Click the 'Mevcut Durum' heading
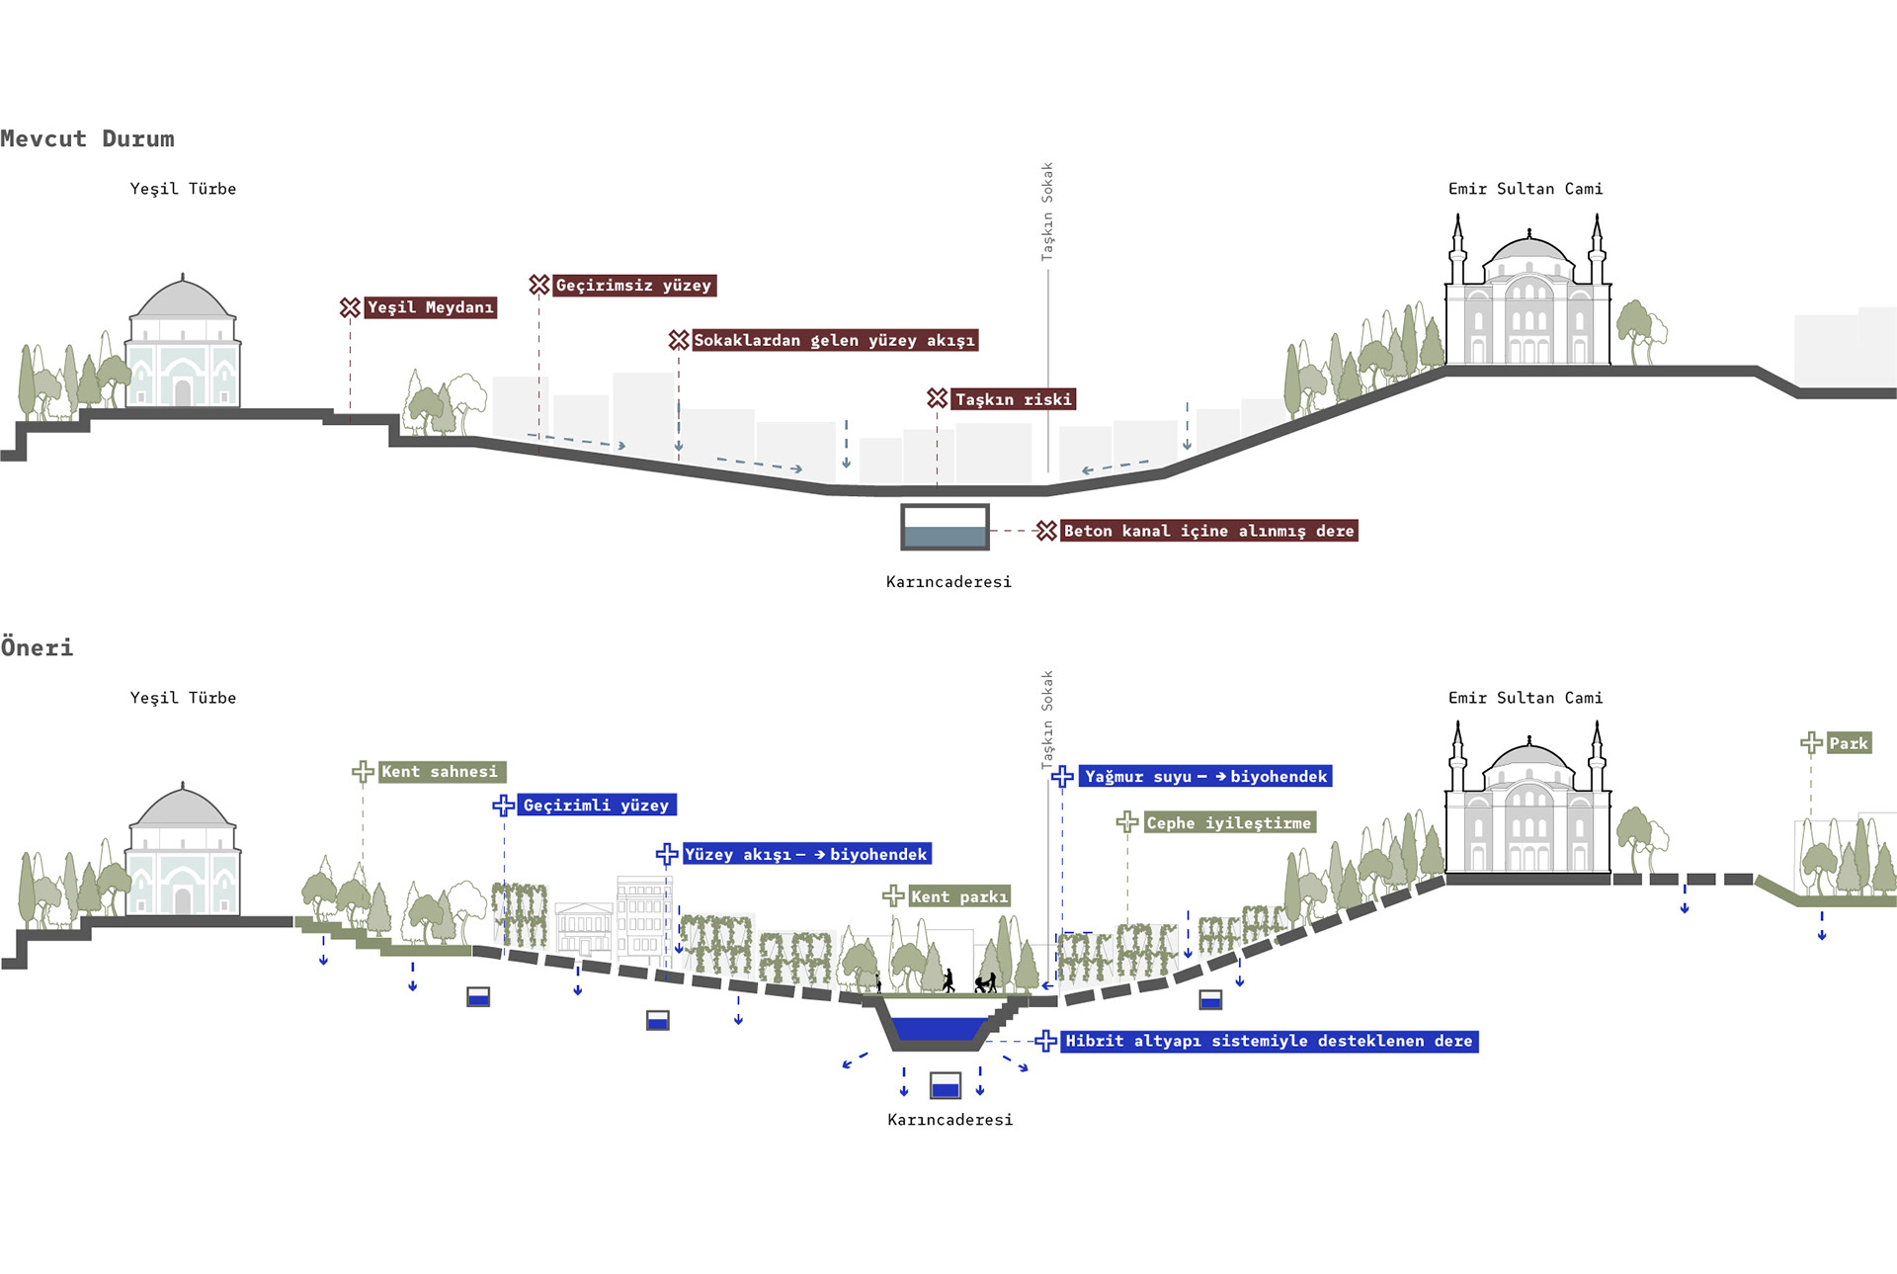[x=87, y=138]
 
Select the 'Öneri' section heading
[x=37, y=647]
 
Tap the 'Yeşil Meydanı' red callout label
[x=430, y=307]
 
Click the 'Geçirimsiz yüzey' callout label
[x=633, y=286]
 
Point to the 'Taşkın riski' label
[x=1013, y=399]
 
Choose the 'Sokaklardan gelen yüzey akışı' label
[x=834, y=340]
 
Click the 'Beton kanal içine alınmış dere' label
[x=1208, y=531]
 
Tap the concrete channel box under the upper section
[x=945, y=527]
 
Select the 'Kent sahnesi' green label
[x=441, y=772]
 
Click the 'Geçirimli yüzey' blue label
[x=596, y=806]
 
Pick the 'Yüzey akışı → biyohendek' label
[x=806, y=854]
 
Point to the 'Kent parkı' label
[x=959, y=896]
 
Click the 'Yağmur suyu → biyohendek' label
[x=1205, y=776]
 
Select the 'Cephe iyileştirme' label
[x=1229, y=822]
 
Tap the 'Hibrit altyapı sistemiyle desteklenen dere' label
[x=1269, y=1041]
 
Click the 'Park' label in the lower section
[x=1849, y=743]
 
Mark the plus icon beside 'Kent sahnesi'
[x=363, y=772]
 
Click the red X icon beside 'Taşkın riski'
[x=938, y=398]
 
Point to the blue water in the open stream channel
[x=939, y=1029]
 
